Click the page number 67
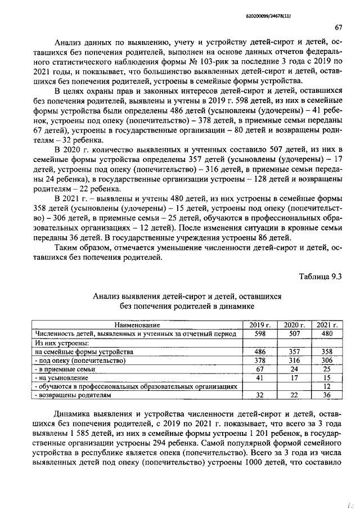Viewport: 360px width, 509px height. [339, 28]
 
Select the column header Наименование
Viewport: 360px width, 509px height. [137, 325]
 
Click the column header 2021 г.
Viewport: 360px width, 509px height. [327, 325]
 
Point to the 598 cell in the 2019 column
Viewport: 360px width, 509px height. [260, 334]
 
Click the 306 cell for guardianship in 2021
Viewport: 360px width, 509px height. [327, 361]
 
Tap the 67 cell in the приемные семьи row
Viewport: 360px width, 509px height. [260, 369]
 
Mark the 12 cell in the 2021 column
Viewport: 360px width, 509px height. [327, 387]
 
